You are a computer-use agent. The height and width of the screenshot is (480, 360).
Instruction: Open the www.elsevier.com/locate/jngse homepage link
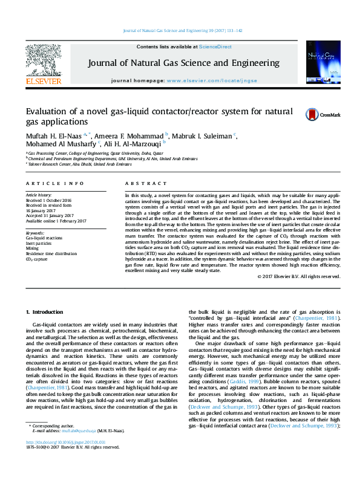211,80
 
